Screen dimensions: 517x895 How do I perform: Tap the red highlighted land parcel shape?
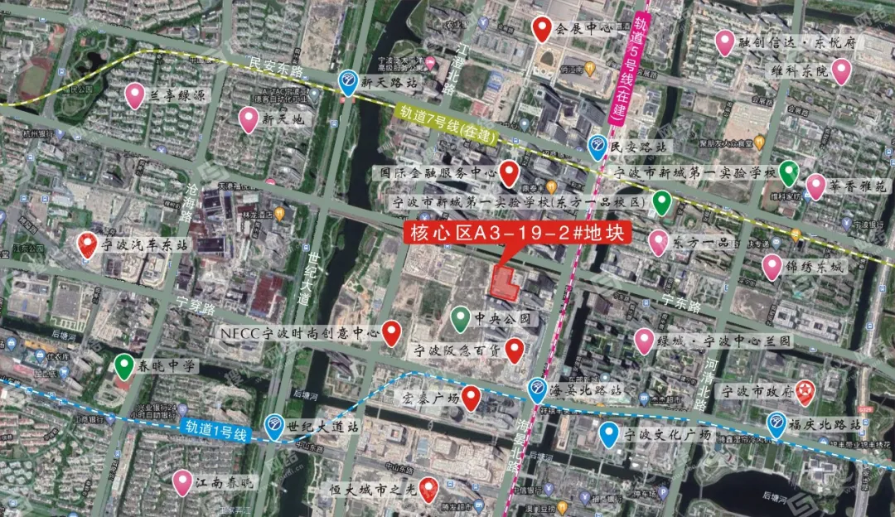point(505,283)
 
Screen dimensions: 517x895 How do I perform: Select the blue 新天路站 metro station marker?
point(349,81)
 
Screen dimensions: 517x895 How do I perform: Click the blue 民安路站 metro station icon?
point(597,147)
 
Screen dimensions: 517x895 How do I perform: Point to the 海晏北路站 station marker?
point(538,388)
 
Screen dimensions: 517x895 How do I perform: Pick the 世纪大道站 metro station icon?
point(274,426)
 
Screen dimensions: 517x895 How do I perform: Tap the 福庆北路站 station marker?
point(776,423)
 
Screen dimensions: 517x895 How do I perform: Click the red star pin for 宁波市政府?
point(804,392)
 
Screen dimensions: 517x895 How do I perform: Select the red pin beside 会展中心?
point(543,29)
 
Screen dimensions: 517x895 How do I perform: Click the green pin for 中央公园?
point(461,317)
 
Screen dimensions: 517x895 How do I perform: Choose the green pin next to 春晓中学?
point(124,365)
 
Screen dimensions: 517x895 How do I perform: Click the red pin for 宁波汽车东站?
point(87,245)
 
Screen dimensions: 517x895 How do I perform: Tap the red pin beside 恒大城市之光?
point(428,490)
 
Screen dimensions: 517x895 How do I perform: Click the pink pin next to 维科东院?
point(841,71)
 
